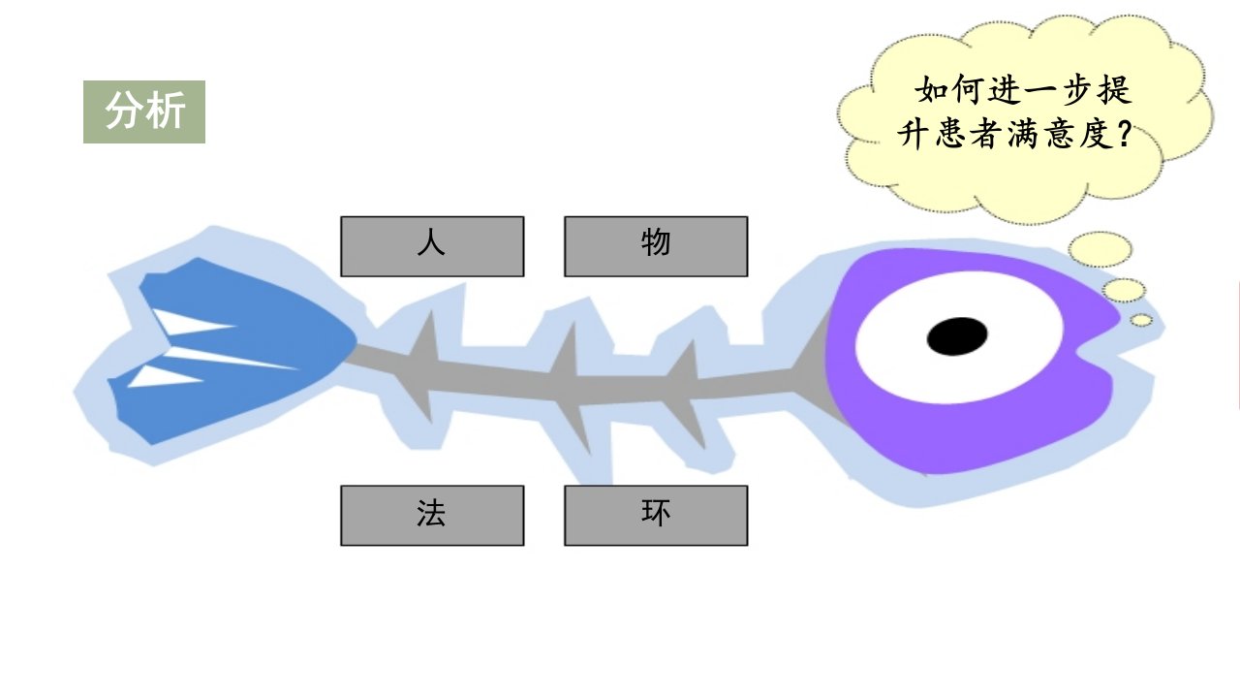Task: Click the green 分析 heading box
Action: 144,111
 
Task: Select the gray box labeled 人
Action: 432,246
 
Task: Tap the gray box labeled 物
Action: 656,246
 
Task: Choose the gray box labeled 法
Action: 432,516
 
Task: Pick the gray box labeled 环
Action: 656,516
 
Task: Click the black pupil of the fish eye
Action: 957,336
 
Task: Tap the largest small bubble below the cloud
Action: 1100,250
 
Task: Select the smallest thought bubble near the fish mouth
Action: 1141,320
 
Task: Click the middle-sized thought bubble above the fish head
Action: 1124,290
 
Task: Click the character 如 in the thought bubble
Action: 931,90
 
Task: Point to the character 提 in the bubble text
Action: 1114,90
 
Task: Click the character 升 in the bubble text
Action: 914,135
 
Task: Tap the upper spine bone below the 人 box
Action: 426,335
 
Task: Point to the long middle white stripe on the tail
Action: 232,358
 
